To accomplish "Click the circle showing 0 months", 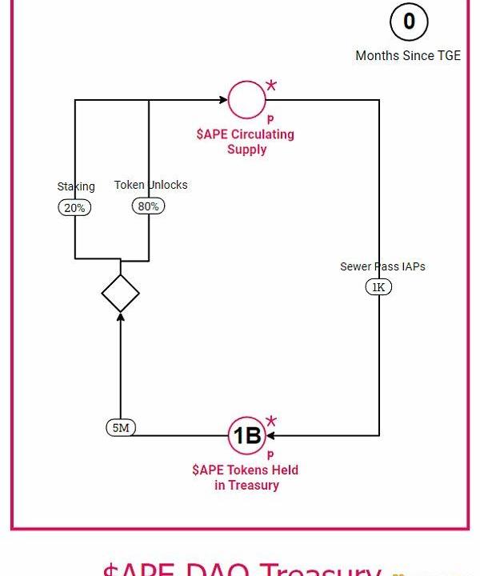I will click(410, 22).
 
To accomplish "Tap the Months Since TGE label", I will click(408, 56).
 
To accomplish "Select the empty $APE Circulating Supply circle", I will click(246, 99).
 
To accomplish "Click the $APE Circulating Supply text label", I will click(246, 142).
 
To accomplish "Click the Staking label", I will click(76, 186).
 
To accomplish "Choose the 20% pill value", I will click(75, 207).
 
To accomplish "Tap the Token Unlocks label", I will click(150, 185).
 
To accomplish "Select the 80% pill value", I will click(148, 206).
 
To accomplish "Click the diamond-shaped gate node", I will click(121, 294).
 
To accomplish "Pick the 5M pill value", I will click(121, 428).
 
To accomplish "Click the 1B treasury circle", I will click(246, 436).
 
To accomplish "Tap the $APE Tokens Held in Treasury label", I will click(246, 478).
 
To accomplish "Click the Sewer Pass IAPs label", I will click(382, 266).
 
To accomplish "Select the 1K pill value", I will click(378, 287).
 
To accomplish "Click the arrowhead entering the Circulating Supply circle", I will click(223, 100).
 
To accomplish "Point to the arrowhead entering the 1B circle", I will click(270, 436).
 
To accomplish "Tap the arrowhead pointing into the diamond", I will click(121, 317).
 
